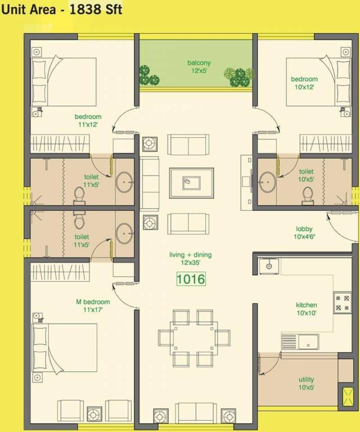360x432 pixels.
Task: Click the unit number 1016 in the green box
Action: click(x=191, y=278)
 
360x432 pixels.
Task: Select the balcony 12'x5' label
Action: click(x=199, y=66)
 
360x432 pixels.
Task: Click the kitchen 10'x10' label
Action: click(x=307, y=309)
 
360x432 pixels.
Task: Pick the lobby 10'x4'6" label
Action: click(x=304, y=233)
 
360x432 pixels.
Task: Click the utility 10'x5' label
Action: click(x=307, y=384)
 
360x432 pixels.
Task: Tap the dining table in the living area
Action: click(x=190, y=338)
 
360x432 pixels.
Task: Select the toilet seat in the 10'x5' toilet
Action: click(x=307, y=194)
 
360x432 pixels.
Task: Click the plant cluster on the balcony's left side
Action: click(x=149, y=74)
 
